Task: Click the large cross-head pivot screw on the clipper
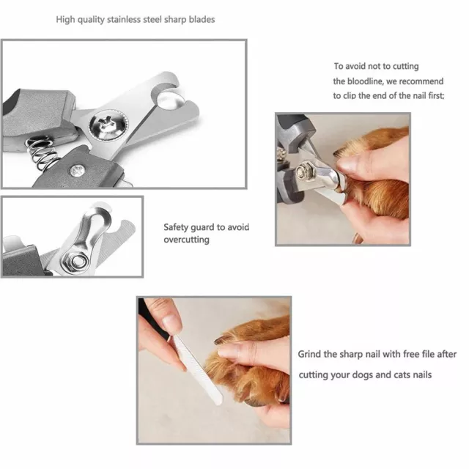[108, 124]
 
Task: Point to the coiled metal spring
[41, 154]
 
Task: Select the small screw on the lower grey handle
[77, 171]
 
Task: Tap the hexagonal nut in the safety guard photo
[77, 261]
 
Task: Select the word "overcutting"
[186, 240]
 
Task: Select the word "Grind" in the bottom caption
[309, 354]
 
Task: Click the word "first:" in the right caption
[437, 96]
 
